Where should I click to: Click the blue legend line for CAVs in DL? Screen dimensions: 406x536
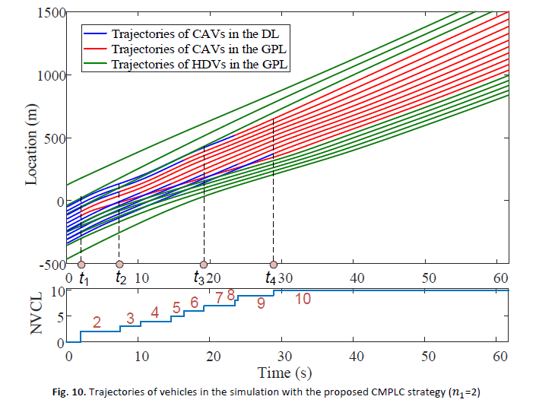(x=96, y=34)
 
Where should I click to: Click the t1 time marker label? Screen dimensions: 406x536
(x=84, y=279)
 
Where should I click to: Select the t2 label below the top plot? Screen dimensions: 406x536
(x=121, y=279)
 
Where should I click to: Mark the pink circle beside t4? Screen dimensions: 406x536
(x=273, y=265)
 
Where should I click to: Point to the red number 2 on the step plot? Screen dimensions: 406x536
(x=97, y=322)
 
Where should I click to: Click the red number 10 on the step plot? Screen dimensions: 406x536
(x=303, y=299)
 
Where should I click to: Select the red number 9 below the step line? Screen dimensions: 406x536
(x=261, y=304)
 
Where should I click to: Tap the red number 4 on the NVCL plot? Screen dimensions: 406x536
(x=155, y=312)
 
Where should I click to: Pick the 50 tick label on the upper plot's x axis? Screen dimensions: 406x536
(x=428, y=279)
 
